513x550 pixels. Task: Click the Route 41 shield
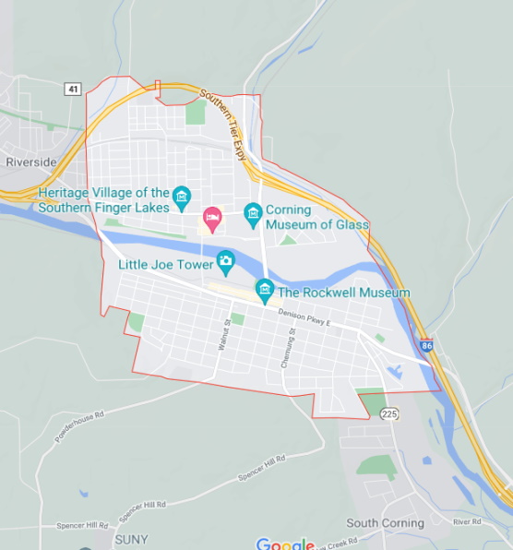[x=73, y=89]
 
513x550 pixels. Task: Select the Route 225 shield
[x=389, y=414]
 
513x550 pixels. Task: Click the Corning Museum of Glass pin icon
[x=253, y=215]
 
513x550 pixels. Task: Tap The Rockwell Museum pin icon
[x=265, y=290]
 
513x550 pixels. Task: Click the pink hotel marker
[x=212, y=218]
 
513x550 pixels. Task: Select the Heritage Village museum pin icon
[x=182, y=195]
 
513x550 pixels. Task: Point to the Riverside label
[x=31, y=161]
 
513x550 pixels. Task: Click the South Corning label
[x=385, y=523]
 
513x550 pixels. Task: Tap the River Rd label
[x=467, y=522]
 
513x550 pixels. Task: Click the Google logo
[x=285, y=544]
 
